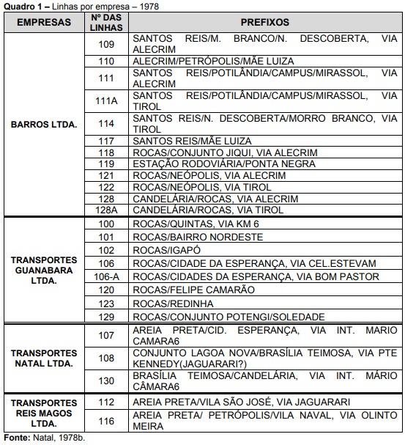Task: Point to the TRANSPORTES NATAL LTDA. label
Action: (x=44, y=358)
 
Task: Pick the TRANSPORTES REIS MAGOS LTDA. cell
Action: (x=44, y=413)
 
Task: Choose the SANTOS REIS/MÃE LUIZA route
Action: (x=192, y=141)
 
